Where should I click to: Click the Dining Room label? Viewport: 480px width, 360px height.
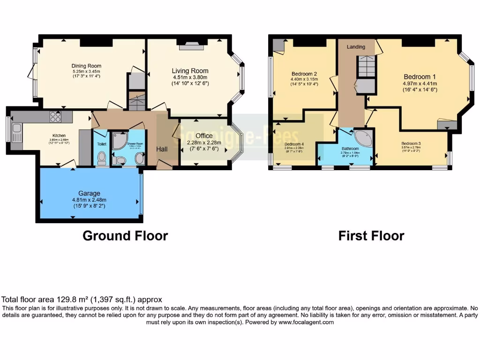coord(86,66)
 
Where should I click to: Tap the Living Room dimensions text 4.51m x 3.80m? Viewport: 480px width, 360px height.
coord(190,77)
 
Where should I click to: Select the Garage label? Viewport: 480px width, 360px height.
coord(90,193)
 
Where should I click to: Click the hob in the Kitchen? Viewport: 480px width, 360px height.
coord(55,116)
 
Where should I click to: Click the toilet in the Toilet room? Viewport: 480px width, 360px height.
coord(102,158)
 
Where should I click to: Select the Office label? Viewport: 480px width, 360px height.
coord(204,136)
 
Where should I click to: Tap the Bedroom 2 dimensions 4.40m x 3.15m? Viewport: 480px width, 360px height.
coord(304,79)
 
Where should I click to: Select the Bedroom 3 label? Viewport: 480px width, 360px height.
coord(411,143)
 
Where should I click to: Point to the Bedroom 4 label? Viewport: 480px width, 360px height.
coord(294,144)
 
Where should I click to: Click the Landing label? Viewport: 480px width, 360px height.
coord(356,47)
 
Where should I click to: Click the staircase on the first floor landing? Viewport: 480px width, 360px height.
coord(366,66)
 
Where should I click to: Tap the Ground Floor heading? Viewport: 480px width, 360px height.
coord(125,235)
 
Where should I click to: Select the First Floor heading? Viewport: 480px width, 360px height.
coord(371,235)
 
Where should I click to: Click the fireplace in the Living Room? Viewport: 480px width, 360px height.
coord(191,45)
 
